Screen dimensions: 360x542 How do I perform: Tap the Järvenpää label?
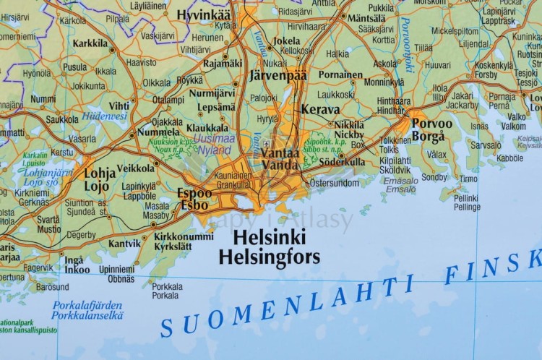coord(278,75)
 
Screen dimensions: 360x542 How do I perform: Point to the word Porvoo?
coord(432,123)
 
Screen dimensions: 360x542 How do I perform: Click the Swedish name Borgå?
coord(429,136)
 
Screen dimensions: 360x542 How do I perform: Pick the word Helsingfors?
coord(269,255)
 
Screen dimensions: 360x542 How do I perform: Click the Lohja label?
coord(100,173)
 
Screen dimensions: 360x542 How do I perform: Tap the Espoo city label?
coord(195,193)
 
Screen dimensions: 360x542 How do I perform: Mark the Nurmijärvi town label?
coord(212,93)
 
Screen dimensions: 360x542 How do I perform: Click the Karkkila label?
coord(90,43)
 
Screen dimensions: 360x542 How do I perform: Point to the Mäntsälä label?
coord(366,17)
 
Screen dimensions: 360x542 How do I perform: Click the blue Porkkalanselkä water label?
coord(87,315)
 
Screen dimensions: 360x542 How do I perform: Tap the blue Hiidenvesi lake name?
coord(104,116)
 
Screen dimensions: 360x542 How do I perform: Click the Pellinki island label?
coord(466,197)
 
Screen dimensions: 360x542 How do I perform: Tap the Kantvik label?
coord(124,244)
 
